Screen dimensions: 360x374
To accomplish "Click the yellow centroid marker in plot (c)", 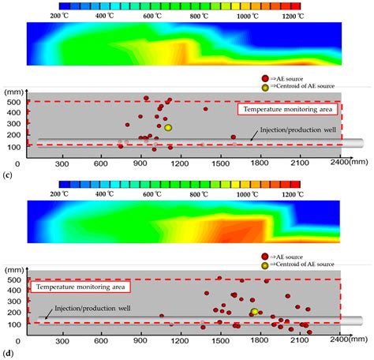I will [168, 127].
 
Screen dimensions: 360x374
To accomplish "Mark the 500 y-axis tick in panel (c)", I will [17, 102].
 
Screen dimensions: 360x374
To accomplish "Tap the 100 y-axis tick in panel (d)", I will [17, 324].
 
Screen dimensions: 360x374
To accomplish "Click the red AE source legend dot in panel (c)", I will [268, 80].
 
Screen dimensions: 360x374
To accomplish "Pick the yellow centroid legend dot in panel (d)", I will [268, 265].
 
